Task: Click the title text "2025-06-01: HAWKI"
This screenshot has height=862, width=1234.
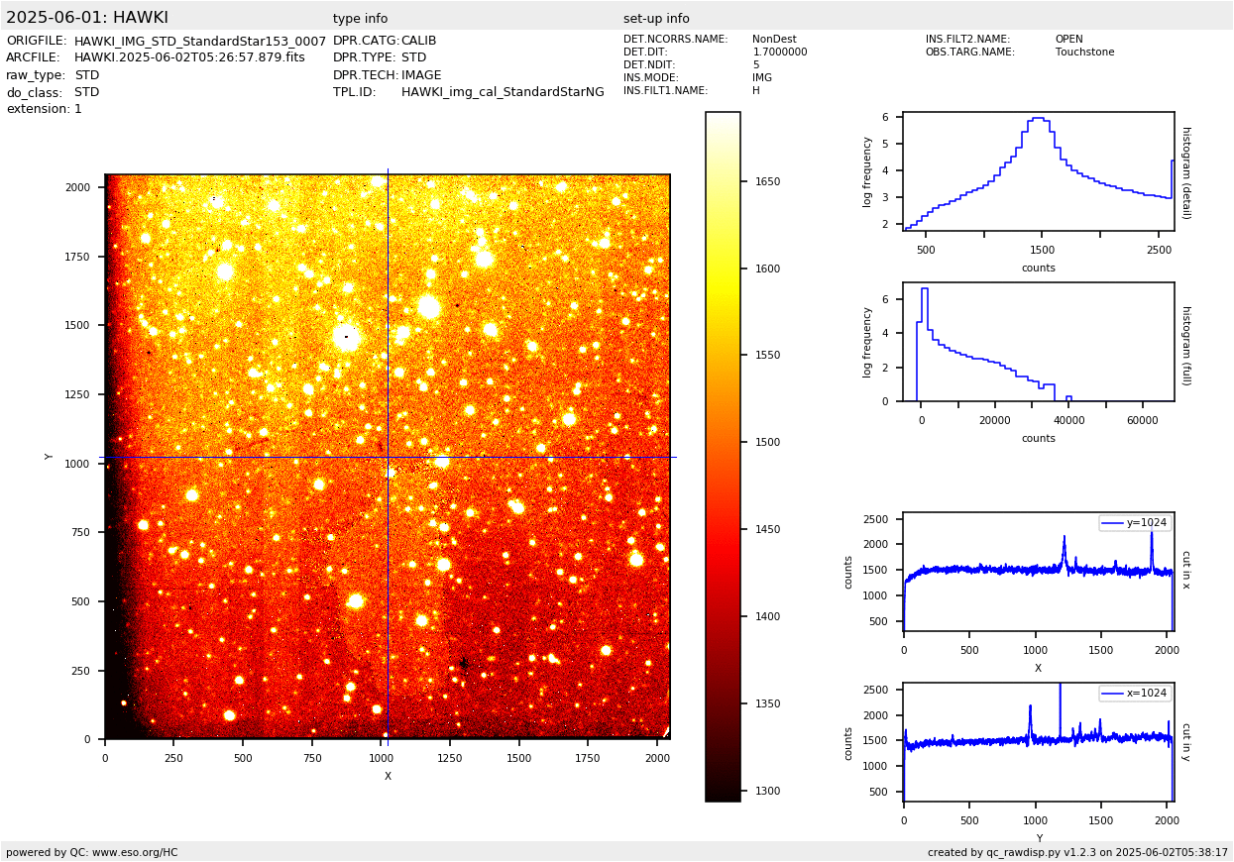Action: click(x=87, y=18)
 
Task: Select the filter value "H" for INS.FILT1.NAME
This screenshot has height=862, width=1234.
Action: click(x=756, y=91)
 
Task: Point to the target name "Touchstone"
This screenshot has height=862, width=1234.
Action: click(x=1084, y=53)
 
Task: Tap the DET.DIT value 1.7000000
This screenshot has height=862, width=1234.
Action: click(x=780, y=53)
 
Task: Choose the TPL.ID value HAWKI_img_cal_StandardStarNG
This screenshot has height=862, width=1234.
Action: click(x=503, y=92)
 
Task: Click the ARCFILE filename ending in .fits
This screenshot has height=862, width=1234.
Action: click(x=189, y=57)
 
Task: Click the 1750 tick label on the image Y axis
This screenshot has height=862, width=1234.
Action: click(x=77, y=257)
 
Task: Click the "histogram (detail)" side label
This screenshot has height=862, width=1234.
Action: click(x=1185, y=171)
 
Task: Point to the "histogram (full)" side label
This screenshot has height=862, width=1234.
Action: click(x=1185, y=345)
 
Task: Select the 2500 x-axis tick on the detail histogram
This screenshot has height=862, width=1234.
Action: click(x=1159, y=250)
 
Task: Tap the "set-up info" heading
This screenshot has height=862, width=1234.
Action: click(x=656, y=19)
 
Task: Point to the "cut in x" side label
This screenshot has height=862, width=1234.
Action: click(x=1185, y=570)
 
